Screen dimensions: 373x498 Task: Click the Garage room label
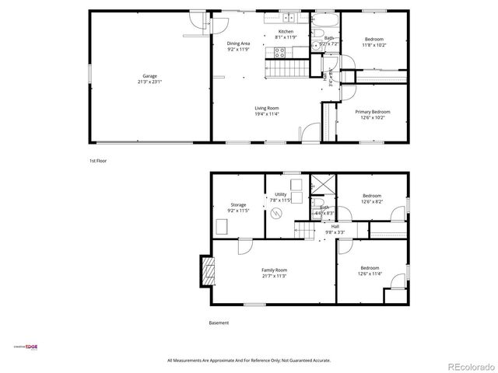(x=149, y=75)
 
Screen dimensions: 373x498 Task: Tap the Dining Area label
(x=238, y=44)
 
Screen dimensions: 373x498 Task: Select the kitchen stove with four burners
(x=280, y=53)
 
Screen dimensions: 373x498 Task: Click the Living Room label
(x=266, y=108)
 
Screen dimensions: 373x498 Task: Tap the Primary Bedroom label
(x=373, y=112)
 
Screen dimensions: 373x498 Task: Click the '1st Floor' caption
(x=97, y=161)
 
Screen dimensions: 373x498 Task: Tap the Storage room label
(x=238, y=204)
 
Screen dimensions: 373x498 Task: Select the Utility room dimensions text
(x=280, y=200)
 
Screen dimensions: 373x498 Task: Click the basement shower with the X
(x=321, y=184)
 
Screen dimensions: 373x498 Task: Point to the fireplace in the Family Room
(x=207, y=273)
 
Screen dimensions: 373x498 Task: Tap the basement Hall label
(x=335, y=226)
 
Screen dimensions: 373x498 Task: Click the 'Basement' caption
(x=219, y=322)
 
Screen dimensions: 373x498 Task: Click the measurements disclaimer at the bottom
(x=249, y=361)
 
